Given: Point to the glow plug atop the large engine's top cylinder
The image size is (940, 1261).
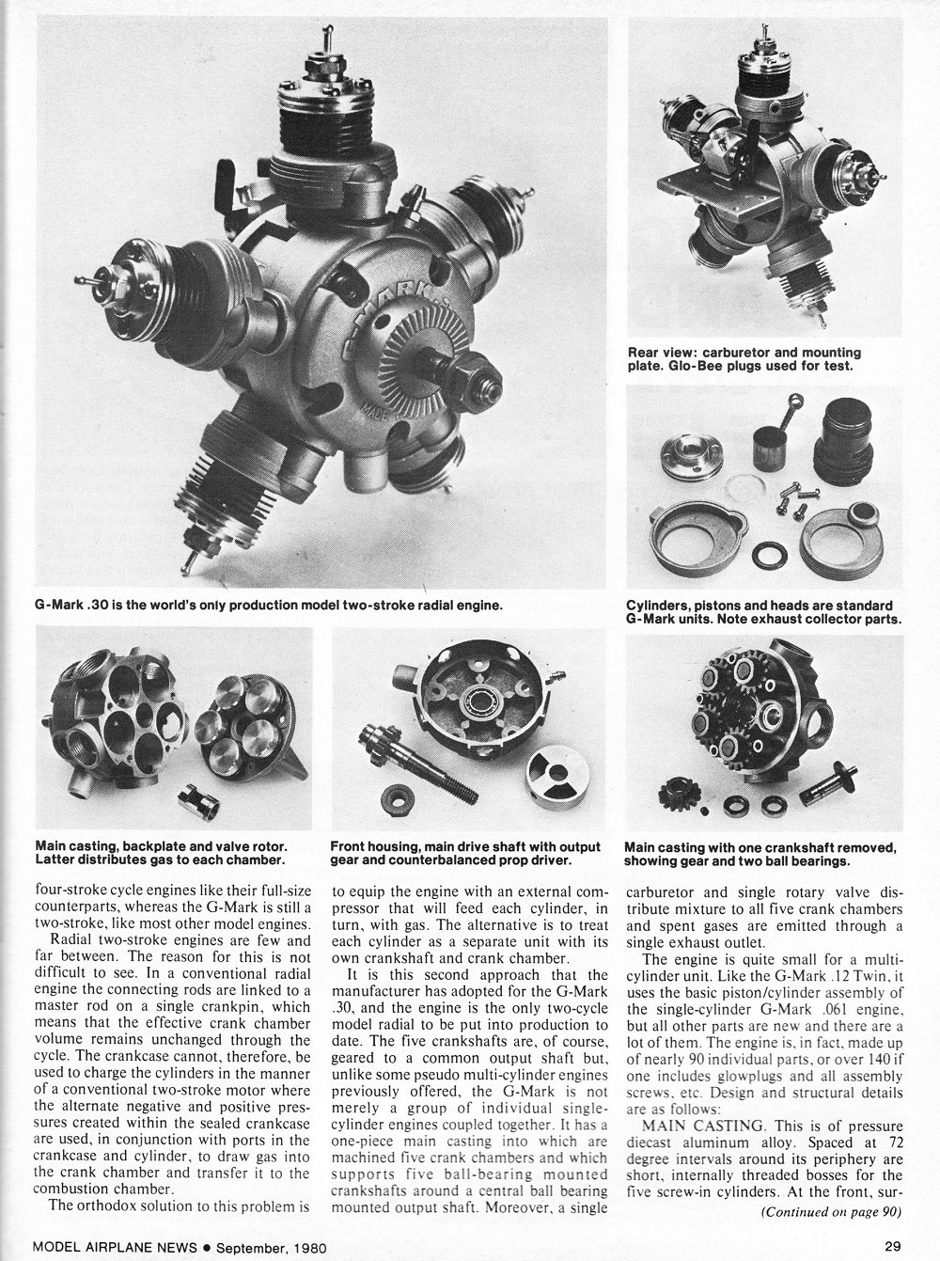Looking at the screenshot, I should click(x=320, y=42).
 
